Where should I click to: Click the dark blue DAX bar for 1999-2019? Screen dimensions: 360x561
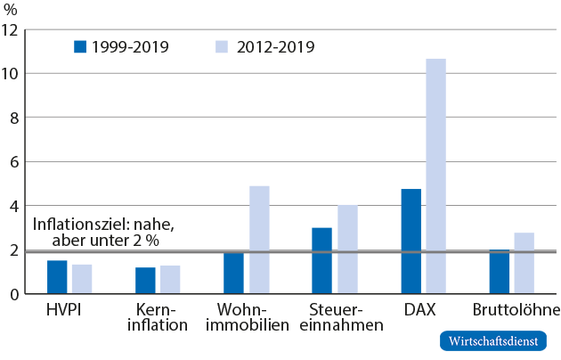[x=411, y=241]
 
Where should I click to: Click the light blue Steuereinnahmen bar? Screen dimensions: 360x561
[x=347, y=249]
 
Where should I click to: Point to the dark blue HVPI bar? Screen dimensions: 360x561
[x=57, y=276]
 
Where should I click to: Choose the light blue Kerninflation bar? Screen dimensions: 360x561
[x=170, y=279]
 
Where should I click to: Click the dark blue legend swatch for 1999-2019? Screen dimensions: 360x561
[x=80, y=45]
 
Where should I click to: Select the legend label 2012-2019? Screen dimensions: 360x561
[x=276, y=46]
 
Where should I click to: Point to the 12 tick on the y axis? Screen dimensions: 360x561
[x=11, y=29]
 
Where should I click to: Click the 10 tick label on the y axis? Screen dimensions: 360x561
[x=11, y=73]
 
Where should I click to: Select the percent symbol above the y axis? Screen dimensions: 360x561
[x=12, y=10]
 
